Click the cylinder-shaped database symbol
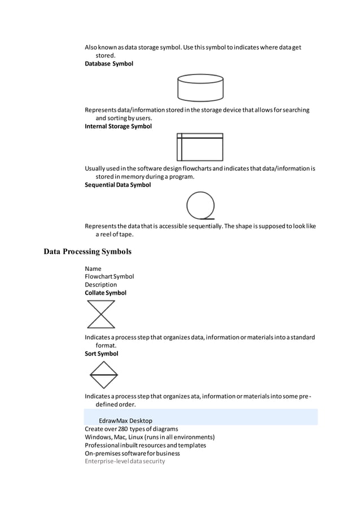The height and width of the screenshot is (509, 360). pyautogui.click(x=200, y=87)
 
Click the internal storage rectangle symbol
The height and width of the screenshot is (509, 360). pyautogui.click(x=200, y=147)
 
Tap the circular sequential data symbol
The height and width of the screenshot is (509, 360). pyautogui.click(x=200, y=206)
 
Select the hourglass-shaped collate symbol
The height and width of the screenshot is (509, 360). pyautogui.click(x=101, y=314)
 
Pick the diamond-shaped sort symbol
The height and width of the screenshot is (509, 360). pyautogui.click(x=103, y=375)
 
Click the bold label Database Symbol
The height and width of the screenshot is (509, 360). pyautogui.click(x=109, y=64)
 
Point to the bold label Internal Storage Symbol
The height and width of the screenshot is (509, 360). pyautogui.click(x=118, y=126)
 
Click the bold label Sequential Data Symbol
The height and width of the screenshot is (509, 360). pyautogui.click(x=117, y=185)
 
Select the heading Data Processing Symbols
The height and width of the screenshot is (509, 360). pyautogui.click(x=87, y=252)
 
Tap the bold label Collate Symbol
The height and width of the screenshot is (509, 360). pyautogui.click(x=106, y=293)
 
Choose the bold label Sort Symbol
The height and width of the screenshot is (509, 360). pyautogui.click(x=102, y=354)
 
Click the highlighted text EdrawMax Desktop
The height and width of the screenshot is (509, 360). pyautogui.click(x=125, y=420)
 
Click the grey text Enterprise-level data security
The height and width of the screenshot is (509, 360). pyautogui.click(x=125, y=461)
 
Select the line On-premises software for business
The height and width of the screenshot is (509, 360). pyautogui.click(x=132, y=453)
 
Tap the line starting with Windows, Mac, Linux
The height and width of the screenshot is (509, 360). pyautogui.click(x=150, y=437)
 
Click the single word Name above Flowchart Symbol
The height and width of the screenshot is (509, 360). pyautogui.click(x=93, y=269)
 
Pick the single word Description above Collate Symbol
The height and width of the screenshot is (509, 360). pyautogui.click(x=101, y=285)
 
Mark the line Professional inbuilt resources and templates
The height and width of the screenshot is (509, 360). pyautogui.click(x=145, y=445)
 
